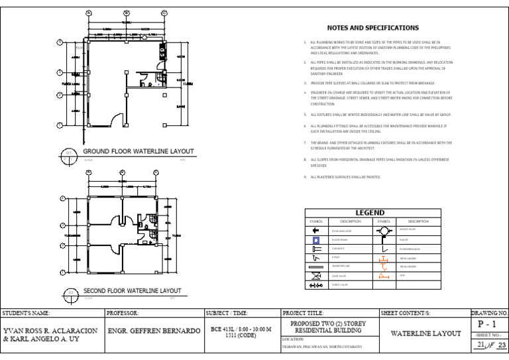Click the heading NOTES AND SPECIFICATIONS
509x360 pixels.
coord(373,29)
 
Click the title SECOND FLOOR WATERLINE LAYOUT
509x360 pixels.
coord(132,291)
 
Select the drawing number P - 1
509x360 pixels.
coord(488,324)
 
